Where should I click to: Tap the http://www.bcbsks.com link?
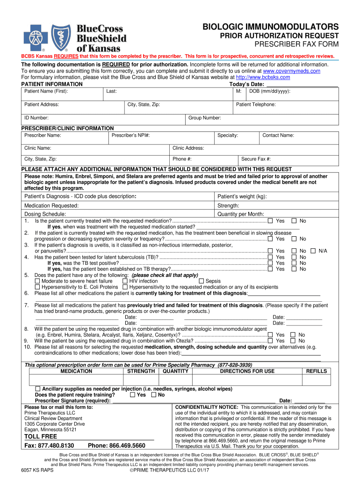pyautogui.click(x=263, y=77)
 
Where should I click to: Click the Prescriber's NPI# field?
pyautogui.click(x=161, y=138)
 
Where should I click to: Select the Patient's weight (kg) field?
pyautogui.click(x=276, y=197)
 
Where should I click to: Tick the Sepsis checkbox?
pyautogui.click(x=202, y=281)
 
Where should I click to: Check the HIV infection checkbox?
pyautogui.click(x=125, y=281)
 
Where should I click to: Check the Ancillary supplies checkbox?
pyautogui.click(x=38, y=389)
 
